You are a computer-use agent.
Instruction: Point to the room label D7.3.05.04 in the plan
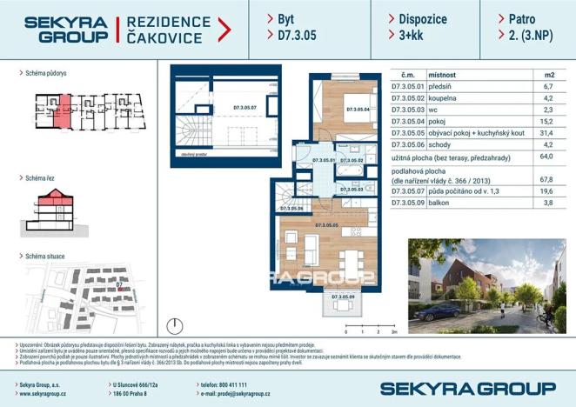(358, 110)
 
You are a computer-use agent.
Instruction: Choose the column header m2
(548, 76)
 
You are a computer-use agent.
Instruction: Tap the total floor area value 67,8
(546, 179)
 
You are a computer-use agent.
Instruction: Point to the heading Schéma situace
(46, 257)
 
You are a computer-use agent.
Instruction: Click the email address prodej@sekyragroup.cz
(245, 395)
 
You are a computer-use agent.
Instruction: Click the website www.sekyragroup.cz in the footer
(44, 395)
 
